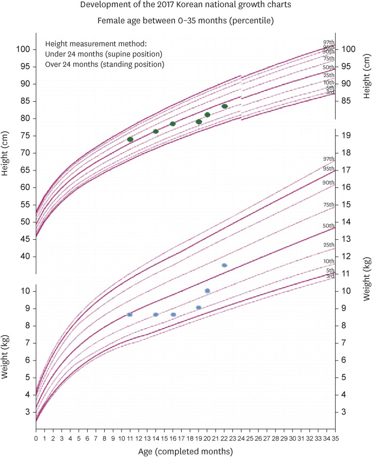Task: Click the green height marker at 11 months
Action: tap(130, 139)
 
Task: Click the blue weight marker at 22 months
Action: tap(224, 265)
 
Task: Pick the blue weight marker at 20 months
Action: tap(207, 291)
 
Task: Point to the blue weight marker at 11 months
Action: tap(130, 314)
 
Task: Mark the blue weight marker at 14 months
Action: tap(155, 314)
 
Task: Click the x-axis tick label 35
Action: tap(336, 439)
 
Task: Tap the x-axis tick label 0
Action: tap(36, 439)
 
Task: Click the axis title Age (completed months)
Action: tap(186, 451)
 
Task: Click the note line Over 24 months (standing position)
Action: tap(105, 65)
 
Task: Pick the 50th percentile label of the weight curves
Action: tap(328, 226)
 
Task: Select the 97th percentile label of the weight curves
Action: tap(328, 159)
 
